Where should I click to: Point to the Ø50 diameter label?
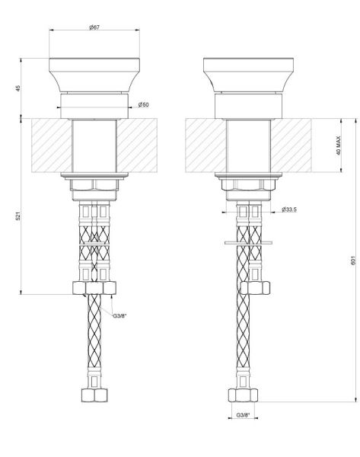tap(143, 105)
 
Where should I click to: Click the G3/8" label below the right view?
tap(243, 414)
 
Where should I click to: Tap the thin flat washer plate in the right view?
tap(244, 244)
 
